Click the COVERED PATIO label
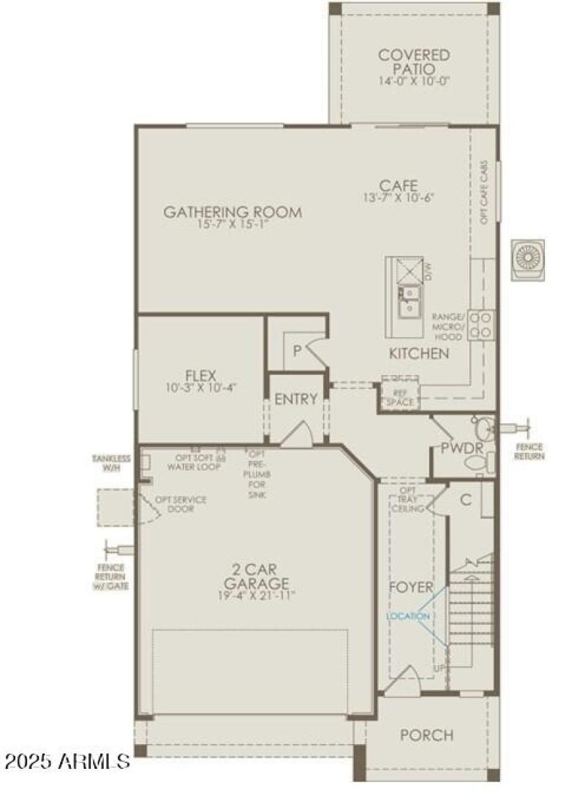[413, 62]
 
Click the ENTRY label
[295, 399]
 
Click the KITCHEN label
[418, 354]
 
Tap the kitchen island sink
[409, 300]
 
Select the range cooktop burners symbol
[480, 324]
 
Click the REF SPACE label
[400, 397]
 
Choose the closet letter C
[465, 500]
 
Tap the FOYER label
[410, 588]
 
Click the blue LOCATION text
[409, 616]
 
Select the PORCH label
[426, 735]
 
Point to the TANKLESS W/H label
[111, 463]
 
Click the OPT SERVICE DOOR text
[180, 504]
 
